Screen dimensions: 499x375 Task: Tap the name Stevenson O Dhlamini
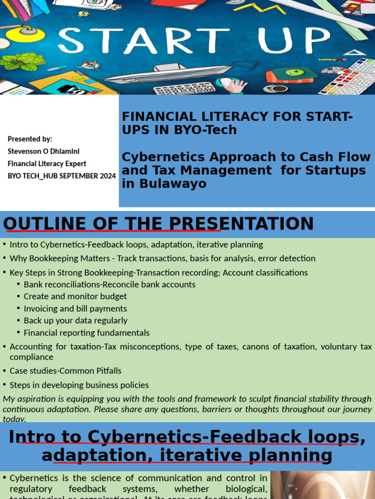point(43,151)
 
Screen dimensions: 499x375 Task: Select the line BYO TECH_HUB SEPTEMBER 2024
point(62,176)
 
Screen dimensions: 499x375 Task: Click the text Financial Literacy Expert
point(47,164)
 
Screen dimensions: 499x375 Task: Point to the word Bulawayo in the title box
point(164,184)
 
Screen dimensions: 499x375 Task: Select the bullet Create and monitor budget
point(75,296)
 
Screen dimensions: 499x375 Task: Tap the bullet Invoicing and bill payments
point(75,308)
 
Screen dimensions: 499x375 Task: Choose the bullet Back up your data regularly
point(75,321)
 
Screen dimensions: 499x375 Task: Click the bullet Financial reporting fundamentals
point(86,333)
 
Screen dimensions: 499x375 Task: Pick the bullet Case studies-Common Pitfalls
point(65,371)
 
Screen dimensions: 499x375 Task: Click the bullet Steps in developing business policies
point(79,385)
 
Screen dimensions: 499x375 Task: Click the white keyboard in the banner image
point(184,88)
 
